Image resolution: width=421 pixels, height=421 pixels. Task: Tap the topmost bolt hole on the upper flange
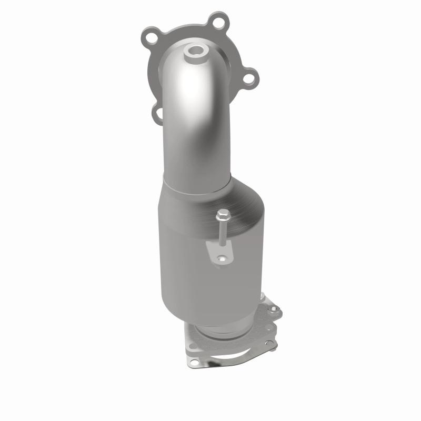pyautogui.click(x=215, y=23)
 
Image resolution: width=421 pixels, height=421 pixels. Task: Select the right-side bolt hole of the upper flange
pyautogui.click(x=248, y=78)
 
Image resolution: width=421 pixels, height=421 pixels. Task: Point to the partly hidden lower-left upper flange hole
pyautogui.click(x=157, y=111)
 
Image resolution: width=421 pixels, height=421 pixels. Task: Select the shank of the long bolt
pyautogui.click(x=223, y=234)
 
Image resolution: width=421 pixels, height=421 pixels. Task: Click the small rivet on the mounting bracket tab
pyautogui.click(x=222, y=258)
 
